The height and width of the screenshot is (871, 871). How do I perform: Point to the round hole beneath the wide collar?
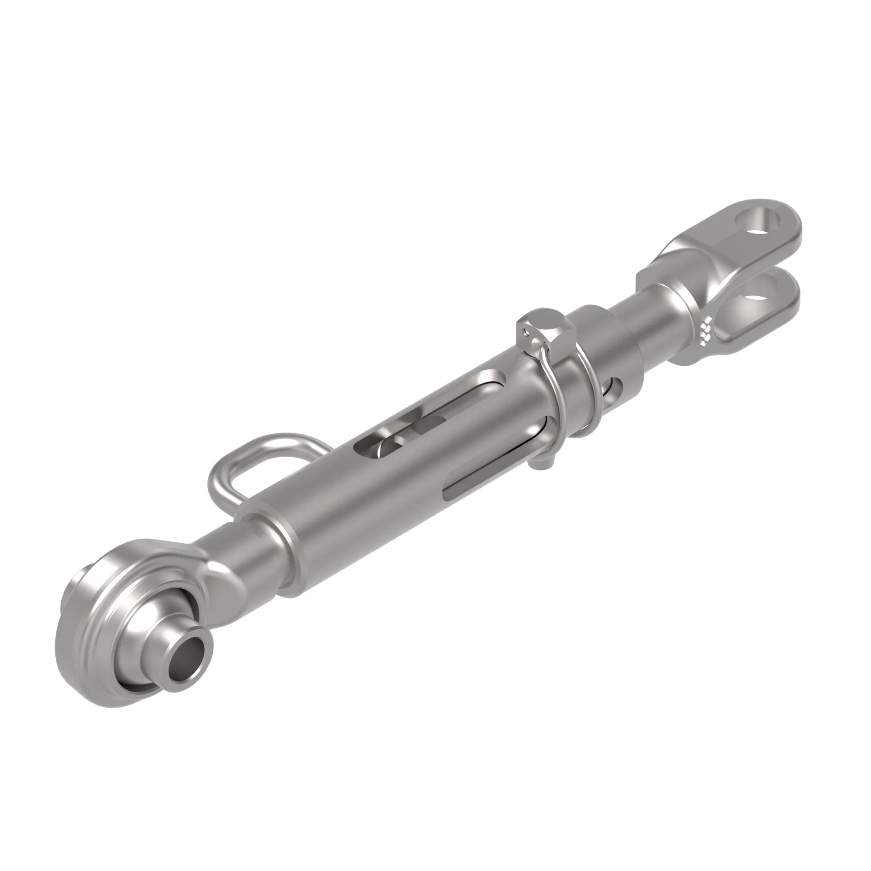coord(615,385)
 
